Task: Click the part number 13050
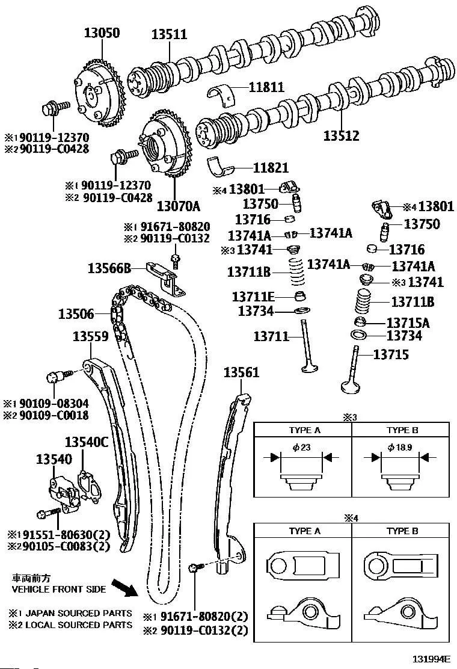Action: (102, 32)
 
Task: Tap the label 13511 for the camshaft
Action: (169, 34)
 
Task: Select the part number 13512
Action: (341, 136)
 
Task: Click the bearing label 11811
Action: (266, 87)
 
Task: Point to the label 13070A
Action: (178, 206)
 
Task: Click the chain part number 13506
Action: (76, 315)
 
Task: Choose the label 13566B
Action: (109, 268)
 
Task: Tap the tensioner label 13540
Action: (54, 459)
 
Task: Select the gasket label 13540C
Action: (87, 442)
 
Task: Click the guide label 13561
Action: (241, 372)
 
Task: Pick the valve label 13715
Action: (391, 354)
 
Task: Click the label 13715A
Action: (408, 323)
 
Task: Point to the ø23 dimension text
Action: (301, 447)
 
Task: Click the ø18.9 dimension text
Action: (400, 447)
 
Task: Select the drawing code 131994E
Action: (431, 659)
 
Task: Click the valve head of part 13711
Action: (310, 367)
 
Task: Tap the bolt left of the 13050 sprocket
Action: (55, 107)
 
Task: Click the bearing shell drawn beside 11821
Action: (223, 167)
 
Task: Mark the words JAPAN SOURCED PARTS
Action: (79, 613)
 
